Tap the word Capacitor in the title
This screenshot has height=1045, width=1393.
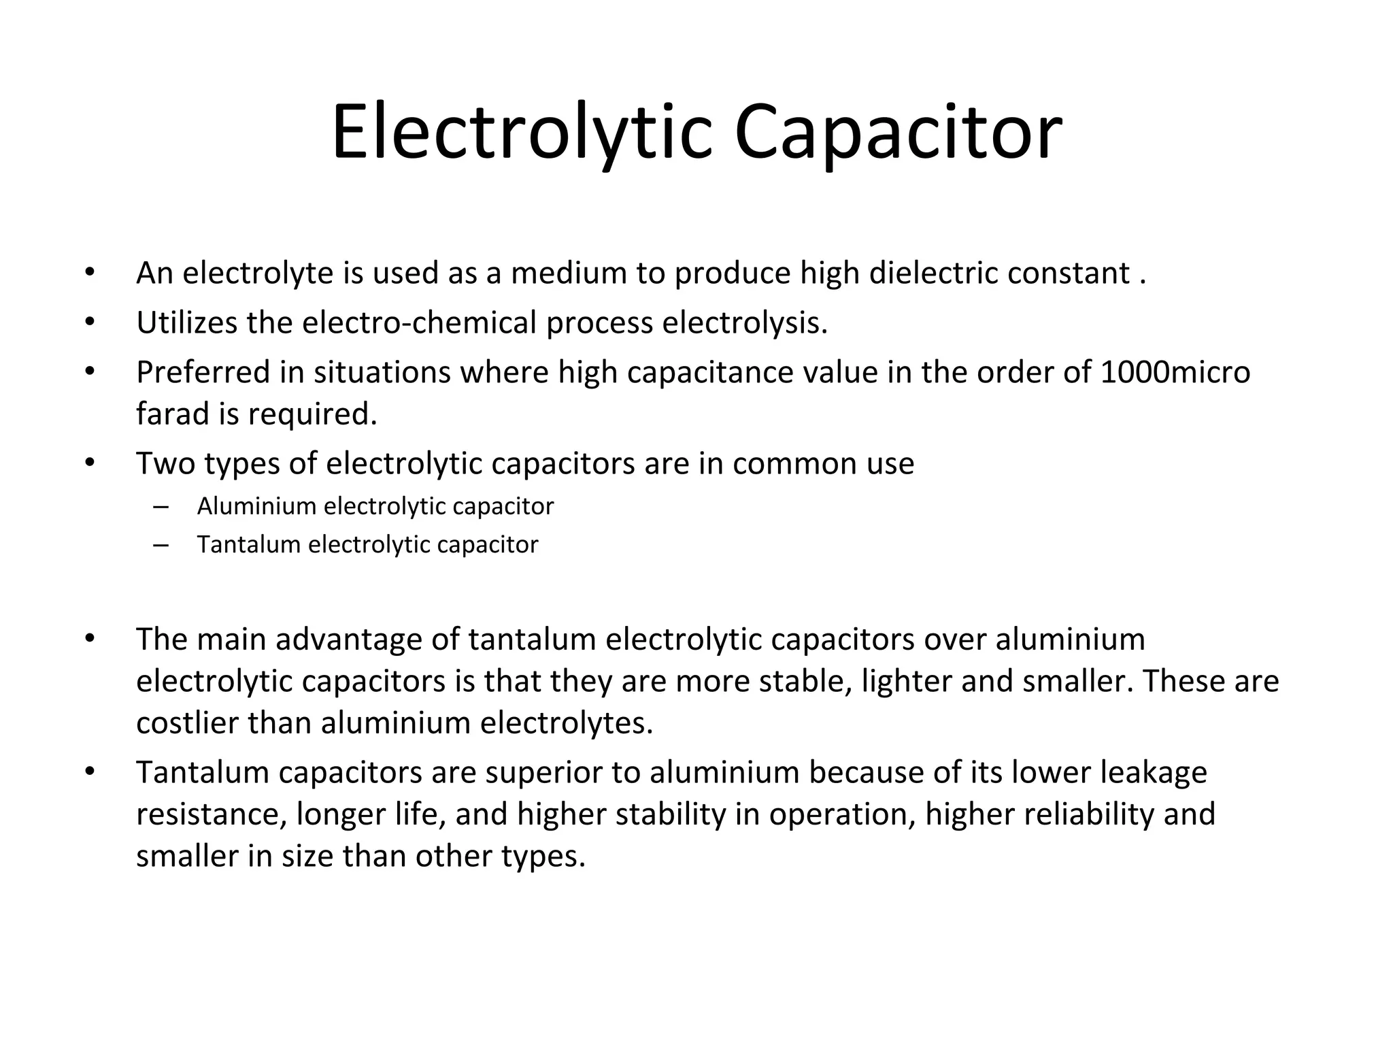click(898, 133)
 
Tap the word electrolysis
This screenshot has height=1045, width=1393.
click(745, 323)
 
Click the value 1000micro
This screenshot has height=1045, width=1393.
click(1175, 373)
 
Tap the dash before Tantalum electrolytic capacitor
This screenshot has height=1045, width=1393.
click(161, 545)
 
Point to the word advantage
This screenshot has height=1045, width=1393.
click(348, 640)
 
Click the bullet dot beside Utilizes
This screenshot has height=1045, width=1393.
click(89, 322)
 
